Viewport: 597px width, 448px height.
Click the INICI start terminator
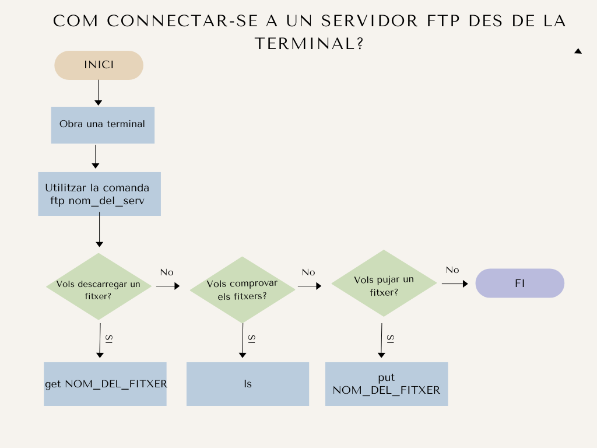pyautogui.click(x=99, y=65)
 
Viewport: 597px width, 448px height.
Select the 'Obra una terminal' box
pyautogui.click(x=103, y=125)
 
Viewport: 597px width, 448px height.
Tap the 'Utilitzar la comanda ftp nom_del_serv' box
pyautogui.click(x=99, y=194)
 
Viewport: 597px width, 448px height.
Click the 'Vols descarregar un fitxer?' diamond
pyautogui.click(x=99, y=286)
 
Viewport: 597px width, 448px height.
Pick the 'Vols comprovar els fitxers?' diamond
pyautogui.click(x=242, y=289)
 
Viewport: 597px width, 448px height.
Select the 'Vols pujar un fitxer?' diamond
pyautogui.click(x=384, y=283)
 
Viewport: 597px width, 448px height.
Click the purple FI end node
pyautogui.click(x=519, y=283)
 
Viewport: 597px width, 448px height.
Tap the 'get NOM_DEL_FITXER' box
pyautogui.click(x=105, y=384)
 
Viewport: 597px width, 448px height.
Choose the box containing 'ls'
pyautogui.click(x=247, y=384)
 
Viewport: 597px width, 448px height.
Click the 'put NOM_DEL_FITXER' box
pyautogui.click(x=387, y=384)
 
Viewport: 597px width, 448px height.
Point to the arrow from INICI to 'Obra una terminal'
pyautogui.click(x=98, y=93)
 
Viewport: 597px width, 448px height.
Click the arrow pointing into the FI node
pyautogui.click(x=455, y=284)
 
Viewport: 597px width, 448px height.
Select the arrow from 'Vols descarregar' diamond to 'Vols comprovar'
pyautogui.click(x=168, y=286)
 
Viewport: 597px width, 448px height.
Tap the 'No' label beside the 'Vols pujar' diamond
pyautogui.click(x=452, y=270)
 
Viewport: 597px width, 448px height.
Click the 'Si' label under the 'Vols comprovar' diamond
pyautogui.click(x=252, y=339)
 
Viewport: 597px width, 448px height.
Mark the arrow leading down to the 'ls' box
pyautogui.click(x=243, y=341)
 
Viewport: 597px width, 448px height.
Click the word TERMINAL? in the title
pyautogui.click(x=309, y=43)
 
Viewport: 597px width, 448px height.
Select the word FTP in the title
pyautogui.click(x=443, y=21)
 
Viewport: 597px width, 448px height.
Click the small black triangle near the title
pyautogui.click(x=578, y=51)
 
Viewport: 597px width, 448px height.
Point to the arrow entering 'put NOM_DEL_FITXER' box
pyautogui.click(x=381, y=341)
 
